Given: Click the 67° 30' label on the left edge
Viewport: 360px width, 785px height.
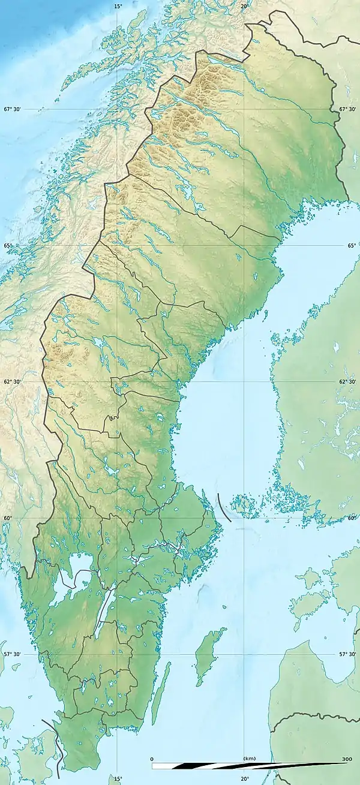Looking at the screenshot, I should (x=12, y=109).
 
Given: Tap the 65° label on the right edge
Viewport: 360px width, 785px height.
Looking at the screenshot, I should (x=351, y=245).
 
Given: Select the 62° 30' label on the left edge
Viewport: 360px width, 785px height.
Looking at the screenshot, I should (x=12, y=381).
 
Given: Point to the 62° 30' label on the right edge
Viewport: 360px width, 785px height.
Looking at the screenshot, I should (x=348, y=381).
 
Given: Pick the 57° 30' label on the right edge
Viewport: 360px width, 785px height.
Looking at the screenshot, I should (x=348, y=654).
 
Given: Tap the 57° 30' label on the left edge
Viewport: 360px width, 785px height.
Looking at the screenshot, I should (x=12, y=654).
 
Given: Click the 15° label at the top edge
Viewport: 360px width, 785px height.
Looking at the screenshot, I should (x=118, y=6).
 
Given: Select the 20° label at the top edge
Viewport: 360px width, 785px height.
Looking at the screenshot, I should (x=245, y=6).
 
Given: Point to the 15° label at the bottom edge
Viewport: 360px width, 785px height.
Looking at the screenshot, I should (x=118, y=779).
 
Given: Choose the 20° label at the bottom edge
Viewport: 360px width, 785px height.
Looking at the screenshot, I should (x=245, y=779).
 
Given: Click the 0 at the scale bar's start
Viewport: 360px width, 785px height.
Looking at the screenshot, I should (x=152, y=759).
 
